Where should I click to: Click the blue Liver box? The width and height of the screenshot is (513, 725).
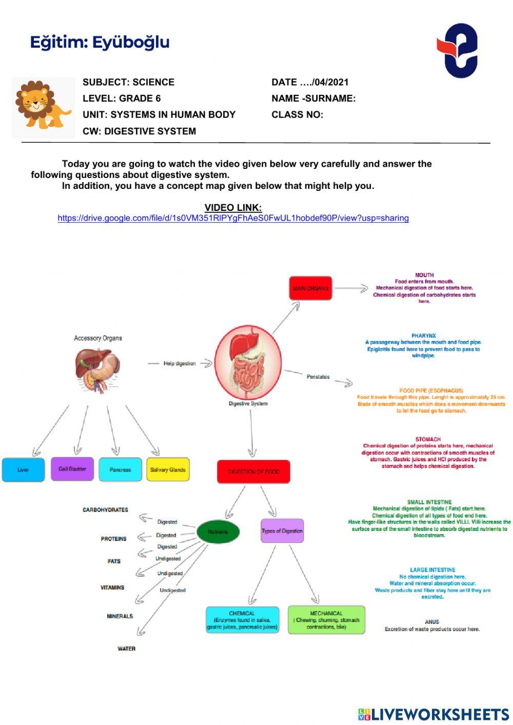23,469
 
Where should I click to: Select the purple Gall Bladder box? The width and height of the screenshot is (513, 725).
72,469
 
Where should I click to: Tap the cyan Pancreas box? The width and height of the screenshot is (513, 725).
120,469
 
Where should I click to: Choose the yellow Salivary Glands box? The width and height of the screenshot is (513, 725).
168,469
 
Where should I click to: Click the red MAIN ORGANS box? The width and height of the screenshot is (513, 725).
310,288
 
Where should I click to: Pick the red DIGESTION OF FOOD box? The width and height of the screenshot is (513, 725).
253,472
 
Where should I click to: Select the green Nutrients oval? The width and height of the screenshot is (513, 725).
218,532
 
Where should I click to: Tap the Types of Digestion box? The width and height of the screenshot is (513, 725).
282,531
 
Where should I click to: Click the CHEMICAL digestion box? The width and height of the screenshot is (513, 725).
242,620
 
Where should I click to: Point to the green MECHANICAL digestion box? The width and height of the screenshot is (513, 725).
326,620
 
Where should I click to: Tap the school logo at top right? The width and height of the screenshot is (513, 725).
458,50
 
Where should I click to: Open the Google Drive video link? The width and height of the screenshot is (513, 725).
233,218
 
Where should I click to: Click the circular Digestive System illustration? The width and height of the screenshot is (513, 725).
248,362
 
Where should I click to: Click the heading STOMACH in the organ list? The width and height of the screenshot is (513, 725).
428,439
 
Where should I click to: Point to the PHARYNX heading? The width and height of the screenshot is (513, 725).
424,336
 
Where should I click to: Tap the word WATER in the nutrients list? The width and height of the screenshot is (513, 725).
126,649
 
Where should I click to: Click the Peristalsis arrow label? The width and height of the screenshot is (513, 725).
318,377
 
